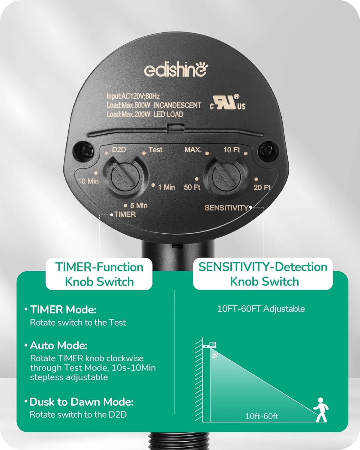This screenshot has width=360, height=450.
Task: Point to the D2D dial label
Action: pos(119,149)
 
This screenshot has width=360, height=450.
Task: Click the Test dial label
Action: pos(155,149)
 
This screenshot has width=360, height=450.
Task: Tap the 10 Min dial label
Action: pos(88,181)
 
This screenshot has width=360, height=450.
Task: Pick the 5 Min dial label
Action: pos(139,205)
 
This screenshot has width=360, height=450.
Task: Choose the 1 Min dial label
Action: pos(166,187)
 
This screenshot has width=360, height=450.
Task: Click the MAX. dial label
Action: pos(193,149)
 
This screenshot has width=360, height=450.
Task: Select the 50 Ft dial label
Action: pos(192,187)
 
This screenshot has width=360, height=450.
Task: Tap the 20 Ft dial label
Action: pos(262,187)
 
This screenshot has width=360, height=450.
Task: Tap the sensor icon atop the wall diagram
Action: pos(211,345)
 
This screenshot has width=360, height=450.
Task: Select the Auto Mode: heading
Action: pos(58,346)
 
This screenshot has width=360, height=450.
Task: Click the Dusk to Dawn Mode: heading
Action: pos(81,402)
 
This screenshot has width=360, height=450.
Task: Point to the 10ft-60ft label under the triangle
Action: pos(262,416)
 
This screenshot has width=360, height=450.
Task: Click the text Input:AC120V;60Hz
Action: pos(133,96)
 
